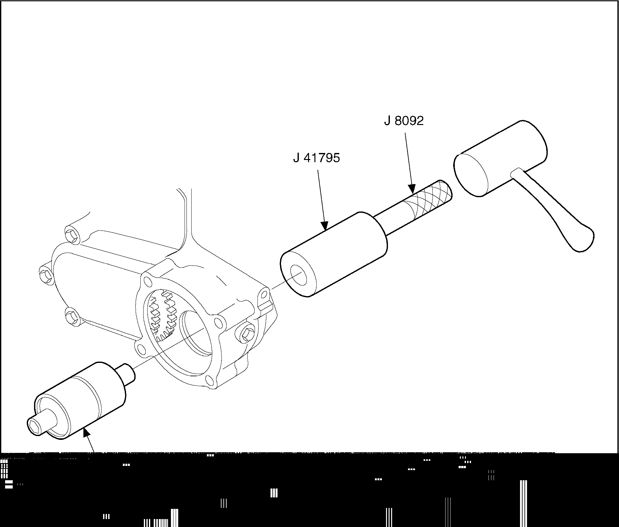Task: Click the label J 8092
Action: point(404,121)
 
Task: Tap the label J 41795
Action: point(317,158)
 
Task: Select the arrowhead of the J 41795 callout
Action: point(324,225)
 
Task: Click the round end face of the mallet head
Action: point(471,175)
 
